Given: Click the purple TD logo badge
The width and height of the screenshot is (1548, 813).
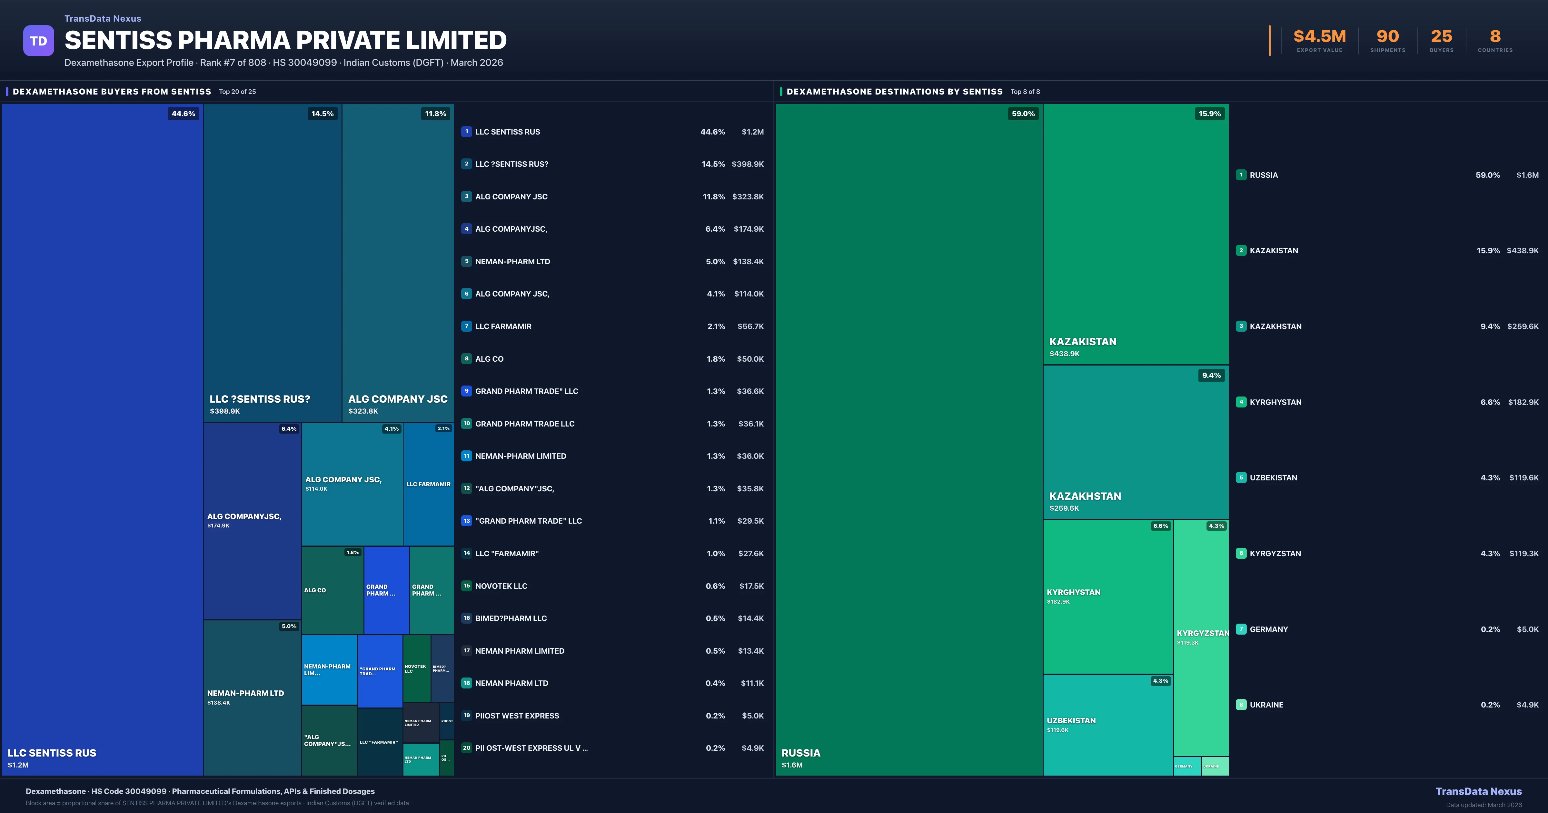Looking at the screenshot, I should click(38, 41).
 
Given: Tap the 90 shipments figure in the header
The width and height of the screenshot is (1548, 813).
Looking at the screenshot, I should click(1387, 37).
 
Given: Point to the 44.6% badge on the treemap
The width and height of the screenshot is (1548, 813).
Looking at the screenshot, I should click(183, 114).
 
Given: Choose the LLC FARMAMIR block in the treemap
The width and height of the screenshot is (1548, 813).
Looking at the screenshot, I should click(429, 484).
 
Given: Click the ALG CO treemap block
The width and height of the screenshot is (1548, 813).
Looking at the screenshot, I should click(332, 590).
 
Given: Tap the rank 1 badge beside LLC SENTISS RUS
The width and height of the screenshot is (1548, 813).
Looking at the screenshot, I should click(466, 132).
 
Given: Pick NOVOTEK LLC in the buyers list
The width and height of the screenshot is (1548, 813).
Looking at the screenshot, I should click(501, 586).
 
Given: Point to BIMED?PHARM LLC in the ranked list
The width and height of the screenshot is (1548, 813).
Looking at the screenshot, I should click(511, 618).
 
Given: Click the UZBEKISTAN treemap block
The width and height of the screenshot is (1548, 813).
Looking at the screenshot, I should click(1107, 725).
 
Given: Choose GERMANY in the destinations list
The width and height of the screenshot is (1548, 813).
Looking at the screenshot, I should click(1269, 629).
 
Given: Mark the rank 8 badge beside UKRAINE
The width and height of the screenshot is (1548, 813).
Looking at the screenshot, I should click(1241, 705).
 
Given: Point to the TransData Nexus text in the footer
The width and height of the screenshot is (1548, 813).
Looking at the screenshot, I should click(1478, 791).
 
